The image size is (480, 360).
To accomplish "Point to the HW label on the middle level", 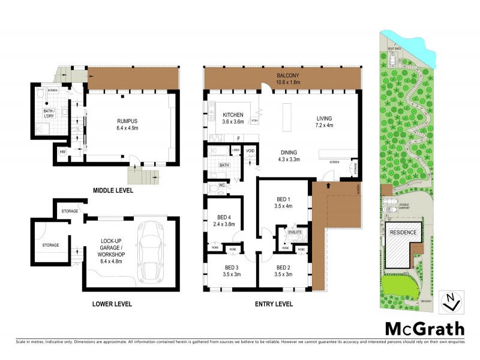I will [62, 152].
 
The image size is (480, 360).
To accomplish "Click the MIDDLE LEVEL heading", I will [113, 191].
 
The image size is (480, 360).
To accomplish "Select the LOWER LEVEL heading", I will [112, 304].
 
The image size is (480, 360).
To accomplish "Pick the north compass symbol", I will [451, 302].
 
